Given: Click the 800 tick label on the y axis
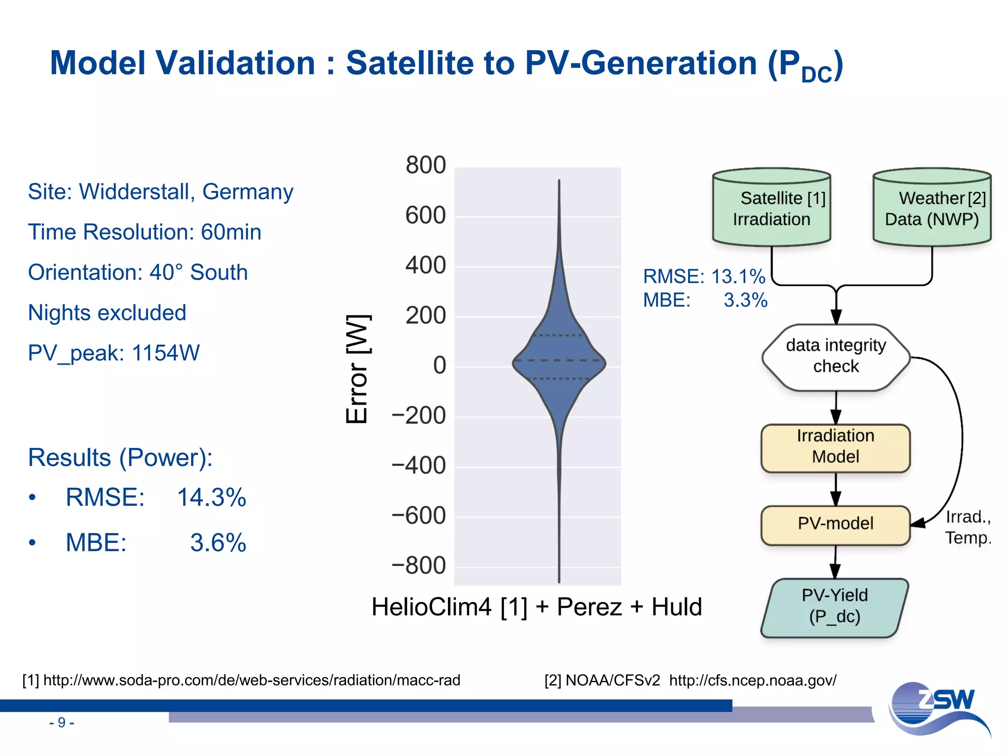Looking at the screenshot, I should point(425,165).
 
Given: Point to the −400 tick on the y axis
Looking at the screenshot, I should point(419,466).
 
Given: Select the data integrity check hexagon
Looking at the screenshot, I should point(836,356).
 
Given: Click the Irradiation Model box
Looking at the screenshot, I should point(836,446).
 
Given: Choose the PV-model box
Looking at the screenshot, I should point(836,524).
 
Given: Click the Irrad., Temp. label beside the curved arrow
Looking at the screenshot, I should point(968,528).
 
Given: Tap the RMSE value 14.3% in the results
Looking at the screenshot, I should point(211,498).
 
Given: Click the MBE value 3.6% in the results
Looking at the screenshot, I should point(218,543).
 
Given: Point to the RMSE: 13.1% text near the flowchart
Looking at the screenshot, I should point(704,277).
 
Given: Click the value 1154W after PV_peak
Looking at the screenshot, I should point(166,353).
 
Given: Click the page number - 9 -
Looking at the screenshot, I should point(62,723).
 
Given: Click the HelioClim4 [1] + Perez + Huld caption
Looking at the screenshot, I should point(536,607).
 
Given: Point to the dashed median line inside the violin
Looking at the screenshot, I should point(559,360).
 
